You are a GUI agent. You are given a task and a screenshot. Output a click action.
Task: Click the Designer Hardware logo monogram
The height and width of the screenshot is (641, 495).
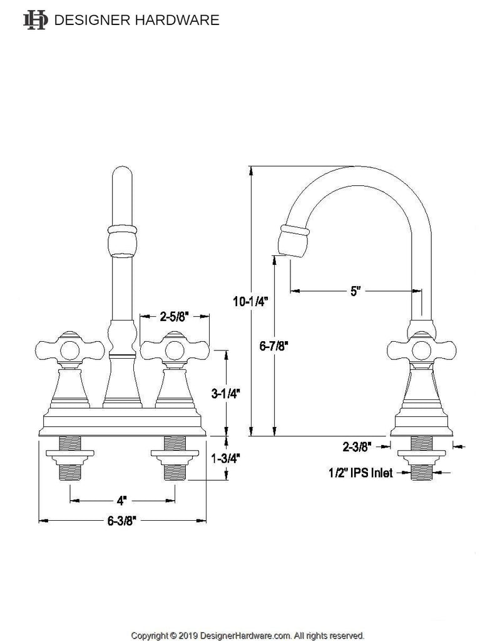(36, 20)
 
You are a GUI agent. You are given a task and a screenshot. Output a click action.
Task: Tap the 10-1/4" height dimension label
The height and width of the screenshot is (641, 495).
(250, 302)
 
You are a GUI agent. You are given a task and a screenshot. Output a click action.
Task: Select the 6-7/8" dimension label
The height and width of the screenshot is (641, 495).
(274, 346)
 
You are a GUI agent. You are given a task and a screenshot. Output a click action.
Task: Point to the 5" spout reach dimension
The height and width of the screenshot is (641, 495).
(355, 291)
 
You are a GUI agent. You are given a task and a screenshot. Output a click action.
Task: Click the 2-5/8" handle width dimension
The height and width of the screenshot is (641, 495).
(174, 316)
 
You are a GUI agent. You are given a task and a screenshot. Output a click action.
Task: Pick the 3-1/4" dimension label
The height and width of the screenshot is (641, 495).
(225, 393)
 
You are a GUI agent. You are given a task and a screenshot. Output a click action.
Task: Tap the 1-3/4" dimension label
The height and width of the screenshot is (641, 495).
(225, 459)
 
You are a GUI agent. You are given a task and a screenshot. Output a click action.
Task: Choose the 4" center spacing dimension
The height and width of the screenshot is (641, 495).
(121, 500)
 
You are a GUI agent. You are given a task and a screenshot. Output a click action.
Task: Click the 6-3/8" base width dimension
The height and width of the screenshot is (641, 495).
(121, 521)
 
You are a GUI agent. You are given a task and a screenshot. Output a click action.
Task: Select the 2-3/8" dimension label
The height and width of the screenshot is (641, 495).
(357, 447)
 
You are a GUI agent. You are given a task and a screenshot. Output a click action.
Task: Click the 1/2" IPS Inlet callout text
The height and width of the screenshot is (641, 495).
(360, 473)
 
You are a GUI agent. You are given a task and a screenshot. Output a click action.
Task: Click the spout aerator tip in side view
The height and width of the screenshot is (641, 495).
(293, 241)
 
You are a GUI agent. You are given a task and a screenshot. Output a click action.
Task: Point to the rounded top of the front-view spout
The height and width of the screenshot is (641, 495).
(122, 174)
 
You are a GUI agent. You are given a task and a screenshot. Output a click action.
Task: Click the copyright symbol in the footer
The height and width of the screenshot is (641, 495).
(173, 636)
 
